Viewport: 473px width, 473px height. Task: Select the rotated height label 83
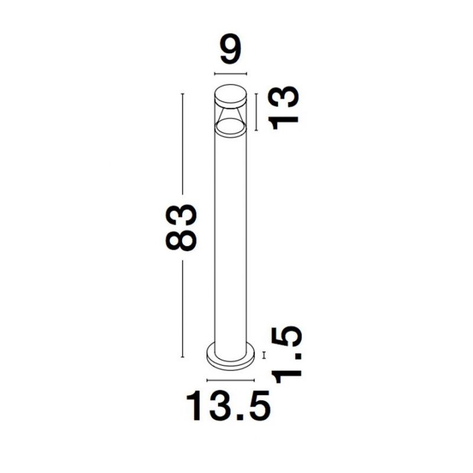pos(181,228)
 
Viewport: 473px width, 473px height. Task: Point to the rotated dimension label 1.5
pos(287,354)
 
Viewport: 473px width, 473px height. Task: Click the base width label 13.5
pos(229,406)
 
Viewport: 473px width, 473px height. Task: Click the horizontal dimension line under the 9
pos(231,73)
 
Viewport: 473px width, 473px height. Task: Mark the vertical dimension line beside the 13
pos(256,112)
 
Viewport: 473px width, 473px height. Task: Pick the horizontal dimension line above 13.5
pos(231,380)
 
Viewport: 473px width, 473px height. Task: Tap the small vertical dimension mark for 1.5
pos(264,355)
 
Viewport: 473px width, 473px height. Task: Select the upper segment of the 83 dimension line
pos(182,144)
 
